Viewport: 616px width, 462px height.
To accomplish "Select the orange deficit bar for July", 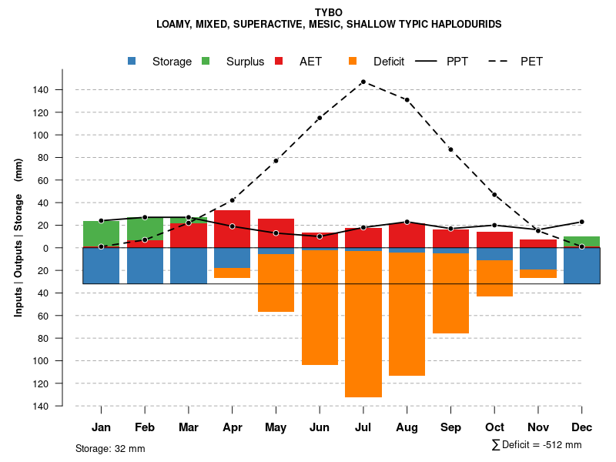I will [363, 323].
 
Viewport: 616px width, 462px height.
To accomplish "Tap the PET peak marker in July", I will [363, 82].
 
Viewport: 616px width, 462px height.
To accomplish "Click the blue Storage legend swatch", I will [132, 61].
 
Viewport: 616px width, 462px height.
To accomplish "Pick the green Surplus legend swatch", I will [206, 61].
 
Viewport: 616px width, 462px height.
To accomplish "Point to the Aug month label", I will [407, 427].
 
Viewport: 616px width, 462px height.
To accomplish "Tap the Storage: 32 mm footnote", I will [110, 448].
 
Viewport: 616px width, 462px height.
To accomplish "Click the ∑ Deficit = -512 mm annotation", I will [536, 445].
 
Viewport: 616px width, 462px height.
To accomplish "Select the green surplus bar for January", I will [101, 233].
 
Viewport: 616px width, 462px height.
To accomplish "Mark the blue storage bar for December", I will [581, 266].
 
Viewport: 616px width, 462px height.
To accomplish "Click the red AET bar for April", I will [232, 229].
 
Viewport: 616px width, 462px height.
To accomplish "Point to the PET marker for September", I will [450, 149].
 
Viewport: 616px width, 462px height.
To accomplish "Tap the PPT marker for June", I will [320, 236].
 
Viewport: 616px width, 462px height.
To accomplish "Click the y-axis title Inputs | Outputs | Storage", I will [18, 237].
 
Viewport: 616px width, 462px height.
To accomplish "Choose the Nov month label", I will [537, 427].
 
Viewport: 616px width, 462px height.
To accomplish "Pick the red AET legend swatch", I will [280, 61].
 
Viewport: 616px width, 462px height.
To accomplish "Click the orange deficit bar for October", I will [494, 278].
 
